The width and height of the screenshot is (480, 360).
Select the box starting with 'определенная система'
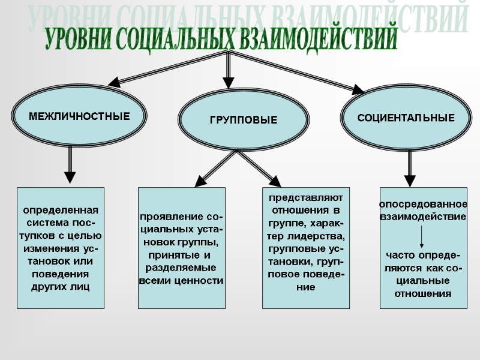point(60,248)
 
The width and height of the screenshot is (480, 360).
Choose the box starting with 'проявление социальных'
point(181,248)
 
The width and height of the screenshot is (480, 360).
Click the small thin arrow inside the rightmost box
point(423,236)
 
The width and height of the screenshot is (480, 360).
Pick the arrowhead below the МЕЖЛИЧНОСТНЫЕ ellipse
point(70,177)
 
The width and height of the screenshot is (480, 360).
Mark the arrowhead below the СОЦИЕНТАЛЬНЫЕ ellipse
point(410,180)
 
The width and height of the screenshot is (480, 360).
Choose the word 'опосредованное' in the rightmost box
point(424,205)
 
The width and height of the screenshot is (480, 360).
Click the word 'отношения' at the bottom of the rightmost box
point(423,294)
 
